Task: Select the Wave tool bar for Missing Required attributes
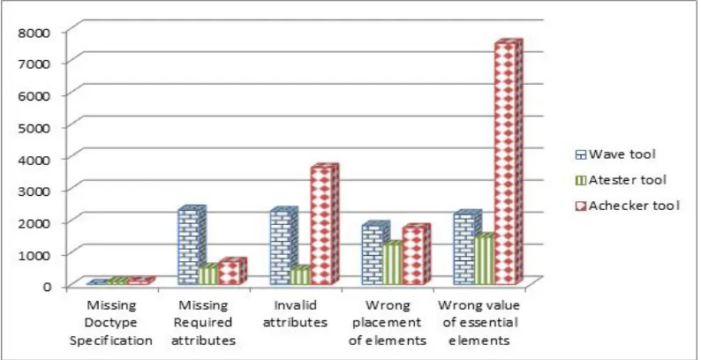pyautogui.click(x=192, y=245)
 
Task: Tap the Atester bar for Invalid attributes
pyautogui.click(x=299, y=275)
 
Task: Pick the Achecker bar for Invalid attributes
pyautogui.click(x=325, y=225)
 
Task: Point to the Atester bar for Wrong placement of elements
pyautogui.click(x=393, y=263)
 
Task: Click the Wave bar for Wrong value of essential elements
pyautogui.click(x=467, y=247)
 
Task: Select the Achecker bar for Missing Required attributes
pyautogui.click(x=232, y=272)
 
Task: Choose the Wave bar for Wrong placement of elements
pyautogui.click(x=375, y=253)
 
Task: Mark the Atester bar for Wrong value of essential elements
pyautogui.click(x=484, y=259)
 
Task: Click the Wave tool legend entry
pyautogui.click(x=615, y=154)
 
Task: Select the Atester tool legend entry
pyautogui.click(x=621, y=180)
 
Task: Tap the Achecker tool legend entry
pyautogui.click(x=628, y=206)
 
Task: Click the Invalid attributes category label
pyautogui.click(x=295, y=314)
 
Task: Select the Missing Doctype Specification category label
pyautogui.click(x=111, y=323)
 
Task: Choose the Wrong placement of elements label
pyautogui.click(x=388, y=323)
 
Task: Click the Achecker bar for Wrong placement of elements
pyautogui.click(x=416, y=255)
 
